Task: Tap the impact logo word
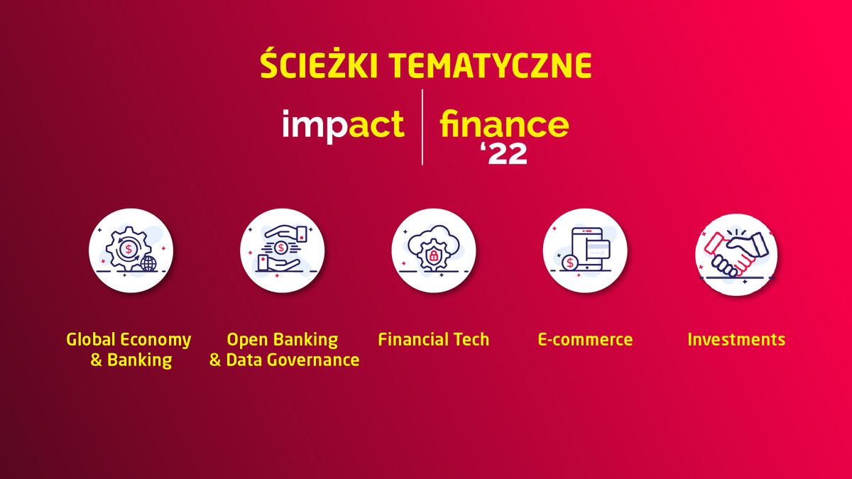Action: click(343, 125)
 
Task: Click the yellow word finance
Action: click(504, 125)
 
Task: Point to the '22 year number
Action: click(504, 154)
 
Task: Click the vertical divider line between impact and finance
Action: click(422, 128)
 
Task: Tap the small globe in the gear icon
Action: click(148, 264)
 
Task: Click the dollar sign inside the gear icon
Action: click(129, 250)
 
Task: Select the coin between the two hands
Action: click(282, 248)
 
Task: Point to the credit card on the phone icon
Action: click(599, 248)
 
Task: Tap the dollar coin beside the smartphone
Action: click(569, 263)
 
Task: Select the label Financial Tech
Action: click(433, 339)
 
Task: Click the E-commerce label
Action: click(585, 339)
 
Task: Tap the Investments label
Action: click(736, 339)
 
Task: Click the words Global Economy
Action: click(129, 339)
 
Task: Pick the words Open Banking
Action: click(282, 339)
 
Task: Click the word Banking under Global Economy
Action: click(140, 360)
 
